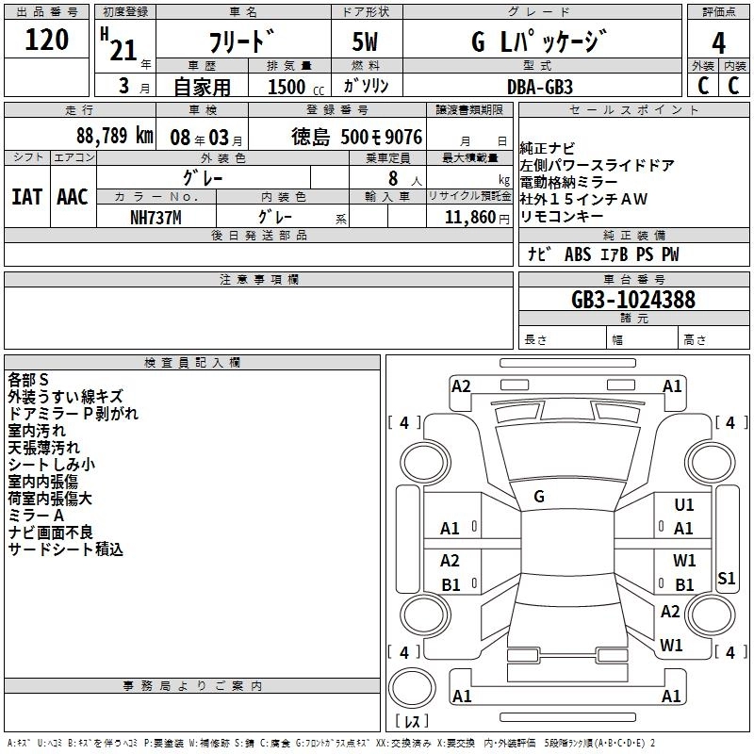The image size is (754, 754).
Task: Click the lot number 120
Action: pyautogui.click(x=47, y=41)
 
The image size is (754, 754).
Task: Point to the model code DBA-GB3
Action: pyautogui.click(x=540, y=86)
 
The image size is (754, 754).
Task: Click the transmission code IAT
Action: pyautogui.click(x=26, y=197)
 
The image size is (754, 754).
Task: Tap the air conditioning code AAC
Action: pyautogui.click(x=72, y=197)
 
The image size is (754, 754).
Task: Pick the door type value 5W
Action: pyautogui.click(x=366, y=41)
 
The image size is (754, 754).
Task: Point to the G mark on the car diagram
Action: pyautogui.click(x=539, y=496)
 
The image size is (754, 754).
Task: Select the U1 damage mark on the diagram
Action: pyautogui.click(x=684, y=506)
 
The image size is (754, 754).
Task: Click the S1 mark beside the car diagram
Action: pyautogui.click(x=726, y=579)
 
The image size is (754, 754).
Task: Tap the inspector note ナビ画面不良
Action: pyautogui.click(x=52, y=533)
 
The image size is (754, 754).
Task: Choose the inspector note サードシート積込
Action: pyautogui.click(x=66, y=549)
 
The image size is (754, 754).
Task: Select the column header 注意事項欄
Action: pyautogui.click(x=258, y=280)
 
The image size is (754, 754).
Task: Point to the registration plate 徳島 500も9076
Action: pyautogui.click(x=357, y=137)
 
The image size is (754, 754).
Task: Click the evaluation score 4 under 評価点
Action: pyautogui.click(x=718, y=41)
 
